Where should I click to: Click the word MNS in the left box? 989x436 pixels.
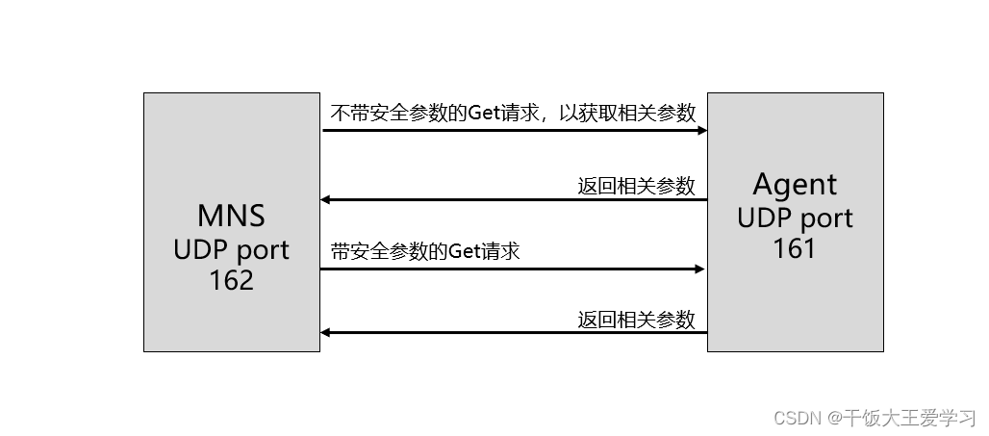(x=231, y=216)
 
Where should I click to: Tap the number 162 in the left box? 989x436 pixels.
(x=231, y=280)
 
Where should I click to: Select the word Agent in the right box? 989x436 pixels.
(x=795, y=184)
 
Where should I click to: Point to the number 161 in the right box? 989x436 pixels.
(x=795, y=248)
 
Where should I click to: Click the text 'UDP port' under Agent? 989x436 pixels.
(x=795, y=218)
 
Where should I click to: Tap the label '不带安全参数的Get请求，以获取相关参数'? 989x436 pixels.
(x=513, y=113)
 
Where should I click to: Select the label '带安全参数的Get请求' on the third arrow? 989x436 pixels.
(x=424, y=252)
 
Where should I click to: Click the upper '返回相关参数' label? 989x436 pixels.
(x=636, y=186)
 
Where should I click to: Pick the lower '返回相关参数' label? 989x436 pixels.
(x=636, y=320)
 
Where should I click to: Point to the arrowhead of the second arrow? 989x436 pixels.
(x=326, y=200)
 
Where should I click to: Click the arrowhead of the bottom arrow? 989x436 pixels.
(x=326, y=333)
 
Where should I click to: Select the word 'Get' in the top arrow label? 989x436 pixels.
(x=482, y=113)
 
